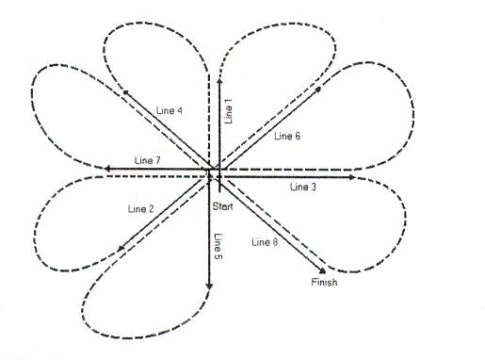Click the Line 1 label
[x=229, y=112]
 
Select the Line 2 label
[x=138, y=207]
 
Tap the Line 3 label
[x=303, y=188]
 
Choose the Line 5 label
[x=218, y=246]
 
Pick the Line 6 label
[x=287, y=137]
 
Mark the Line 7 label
[x=149, y=159]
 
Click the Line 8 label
[x=267, y=243]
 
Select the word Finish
[x=323, y=283]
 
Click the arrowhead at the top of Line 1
[x=219, y=82]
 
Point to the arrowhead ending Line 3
[x=352, y=176]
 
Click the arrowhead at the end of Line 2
[x=121, y=250]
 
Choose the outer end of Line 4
[x=122, y=90]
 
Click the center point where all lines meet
[x=214, y=173]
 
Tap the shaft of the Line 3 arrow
[x=283, y=176]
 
